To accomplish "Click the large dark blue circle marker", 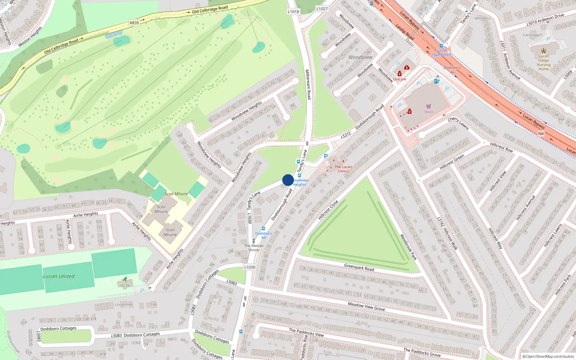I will pos(288,180).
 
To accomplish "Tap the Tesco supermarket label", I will pos(428,112).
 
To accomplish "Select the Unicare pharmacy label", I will pos(399,79).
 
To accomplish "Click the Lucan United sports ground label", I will pos(59,276).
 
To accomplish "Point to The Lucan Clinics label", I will pos(343,169).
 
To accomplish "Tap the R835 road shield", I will pos(134,23).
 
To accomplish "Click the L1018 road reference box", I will pos(293,12).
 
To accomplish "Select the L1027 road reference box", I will pos(322,9).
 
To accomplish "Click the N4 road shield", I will pos(541,134).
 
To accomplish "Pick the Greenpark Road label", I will pos(359,267).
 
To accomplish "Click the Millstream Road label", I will pos(308,84).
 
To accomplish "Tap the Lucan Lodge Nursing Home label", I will pos(544,62).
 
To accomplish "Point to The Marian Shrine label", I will pos(254,248).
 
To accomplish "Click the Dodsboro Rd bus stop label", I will pos(264,235).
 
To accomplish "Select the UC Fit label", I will pos(125,285).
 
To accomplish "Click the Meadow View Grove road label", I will pos(366,306).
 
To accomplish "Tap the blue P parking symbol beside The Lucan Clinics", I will pos(326,156).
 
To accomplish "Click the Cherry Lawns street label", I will pos(458,123).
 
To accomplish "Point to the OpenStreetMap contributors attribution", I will pos(548,356).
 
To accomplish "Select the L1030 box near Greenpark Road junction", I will pos(249,267).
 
